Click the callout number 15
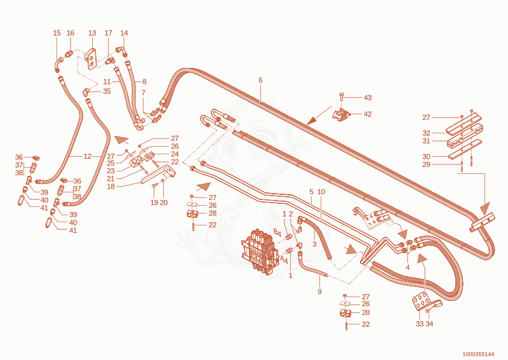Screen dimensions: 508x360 pos(57,33)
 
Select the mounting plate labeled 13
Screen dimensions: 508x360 pos(91,58)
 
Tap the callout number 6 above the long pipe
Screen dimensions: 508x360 pos(260,80)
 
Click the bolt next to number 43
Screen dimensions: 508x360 pos(341,97)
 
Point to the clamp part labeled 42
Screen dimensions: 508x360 pos(342,115)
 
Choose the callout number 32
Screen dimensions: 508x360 pos(426,133)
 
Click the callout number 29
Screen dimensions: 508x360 pos(426,164)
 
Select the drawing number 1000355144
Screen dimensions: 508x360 pos(478,354)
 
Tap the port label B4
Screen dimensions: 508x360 pos(277,232)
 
